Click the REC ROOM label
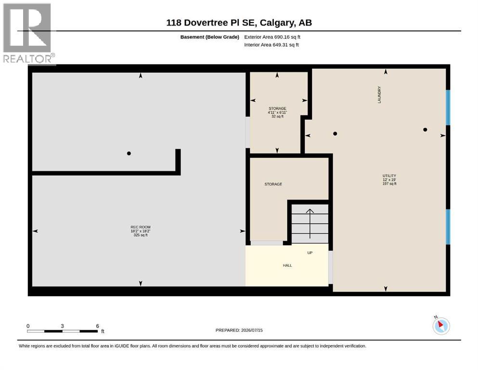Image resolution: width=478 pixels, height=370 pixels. coord(141,227)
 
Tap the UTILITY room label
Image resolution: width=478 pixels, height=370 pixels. coord(389,176)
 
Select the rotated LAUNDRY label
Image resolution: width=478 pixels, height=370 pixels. coord(379,94)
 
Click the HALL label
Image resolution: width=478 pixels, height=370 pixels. coord(287,265)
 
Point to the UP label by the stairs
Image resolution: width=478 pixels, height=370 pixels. coord(310,253)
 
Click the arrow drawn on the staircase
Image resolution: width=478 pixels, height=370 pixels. coord(310,224)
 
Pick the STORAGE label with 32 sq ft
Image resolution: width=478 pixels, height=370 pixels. coord(277,108)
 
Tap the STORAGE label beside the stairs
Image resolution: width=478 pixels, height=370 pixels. coord(273,184)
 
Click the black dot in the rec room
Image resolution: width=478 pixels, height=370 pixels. coord(129,153)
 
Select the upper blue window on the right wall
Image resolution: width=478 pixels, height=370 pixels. coord(448,107)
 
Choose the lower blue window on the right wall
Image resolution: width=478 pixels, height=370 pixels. coord(448,226)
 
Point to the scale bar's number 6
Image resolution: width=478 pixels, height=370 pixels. coord(98,326)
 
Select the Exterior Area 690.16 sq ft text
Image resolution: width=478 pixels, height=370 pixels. coord(272,37)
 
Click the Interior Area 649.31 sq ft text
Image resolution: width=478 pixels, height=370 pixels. coord(271,45)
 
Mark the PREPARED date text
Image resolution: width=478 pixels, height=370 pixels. coord(239,330)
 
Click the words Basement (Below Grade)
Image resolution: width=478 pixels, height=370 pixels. coord(210,37)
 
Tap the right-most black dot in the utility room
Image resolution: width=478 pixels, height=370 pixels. coord(425,130)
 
